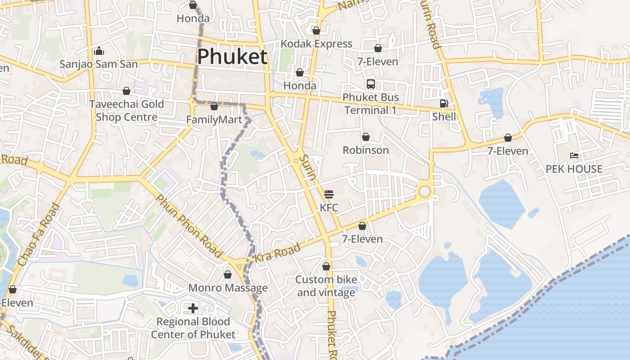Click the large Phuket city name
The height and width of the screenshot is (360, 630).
click(x=232, y=57)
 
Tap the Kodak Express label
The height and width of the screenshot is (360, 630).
click(x=316, y=44)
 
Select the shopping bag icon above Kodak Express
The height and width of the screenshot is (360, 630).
click(x=316, y=31)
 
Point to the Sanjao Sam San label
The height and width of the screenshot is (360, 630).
click(x=99, y=64)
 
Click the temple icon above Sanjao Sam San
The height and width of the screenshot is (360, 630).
click(x=99, y=51)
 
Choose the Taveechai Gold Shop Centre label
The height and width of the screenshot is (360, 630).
click(x=126, y=111)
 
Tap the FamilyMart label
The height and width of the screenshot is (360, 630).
click(x=214, y=120)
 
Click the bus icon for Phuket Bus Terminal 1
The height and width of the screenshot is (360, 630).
click(x=371, y=84)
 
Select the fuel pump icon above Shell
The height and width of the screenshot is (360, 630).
click(x=444, y=103)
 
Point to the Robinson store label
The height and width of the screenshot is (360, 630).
click(x=366, y=150)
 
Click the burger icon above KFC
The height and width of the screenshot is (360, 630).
click(x=329, y=194)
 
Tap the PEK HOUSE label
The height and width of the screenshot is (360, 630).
click(x=574, y=169)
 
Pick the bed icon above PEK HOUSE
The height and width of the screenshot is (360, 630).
click(x=574, y=156)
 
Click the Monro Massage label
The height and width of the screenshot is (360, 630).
click(x=228, y=288)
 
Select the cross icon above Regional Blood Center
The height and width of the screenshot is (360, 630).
click(x=193, y=308)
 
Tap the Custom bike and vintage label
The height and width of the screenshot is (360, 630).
click(x=326, y=286)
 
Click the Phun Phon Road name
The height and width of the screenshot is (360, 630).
click(x=189, y=226)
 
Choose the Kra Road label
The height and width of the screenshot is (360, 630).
click(x=278, y=254)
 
